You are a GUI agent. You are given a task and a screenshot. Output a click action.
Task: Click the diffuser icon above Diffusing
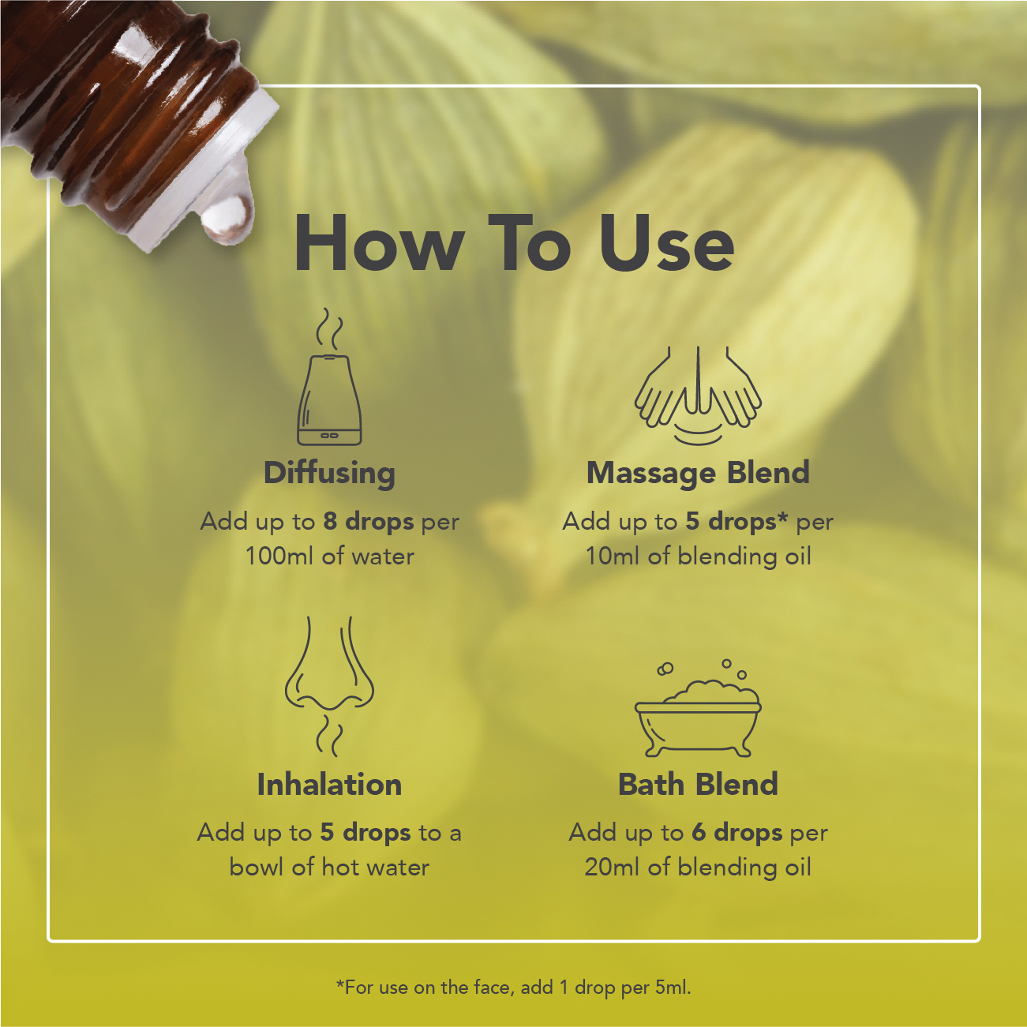(x=329, y=377)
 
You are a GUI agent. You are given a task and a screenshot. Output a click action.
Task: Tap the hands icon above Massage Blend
(x=698, y=395)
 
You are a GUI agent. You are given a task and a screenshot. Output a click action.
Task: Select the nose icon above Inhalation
(x=329, y=687)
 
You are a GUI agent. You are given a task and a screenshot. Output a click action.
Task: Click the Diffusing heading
(x=329, y=474)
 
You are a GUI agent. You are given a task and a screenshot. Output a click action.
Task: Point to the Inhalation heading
(x=329, y=785)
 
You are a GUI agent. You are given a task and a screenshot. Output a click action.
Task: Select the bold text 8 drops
(x=369, y=522)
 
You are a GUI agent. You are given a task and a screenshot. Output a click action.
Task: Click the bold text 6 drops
(x=737, y=833)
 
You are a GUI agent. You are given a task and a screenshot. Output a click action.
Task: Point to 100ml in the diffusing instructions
(x=279, y=557)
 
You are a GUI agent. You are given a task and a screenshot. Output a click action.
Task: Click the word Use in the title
(x=666, y=244)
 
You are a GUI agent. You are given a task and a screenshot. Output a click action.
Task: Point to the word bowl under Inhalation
(x=257, y=867)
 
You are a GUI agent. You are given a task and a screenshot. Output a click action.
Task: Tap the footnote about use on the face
(x=513, y=988)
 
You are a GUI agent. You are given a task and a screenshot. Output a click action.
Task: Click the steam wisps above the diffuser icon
(x=329, y=328)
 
